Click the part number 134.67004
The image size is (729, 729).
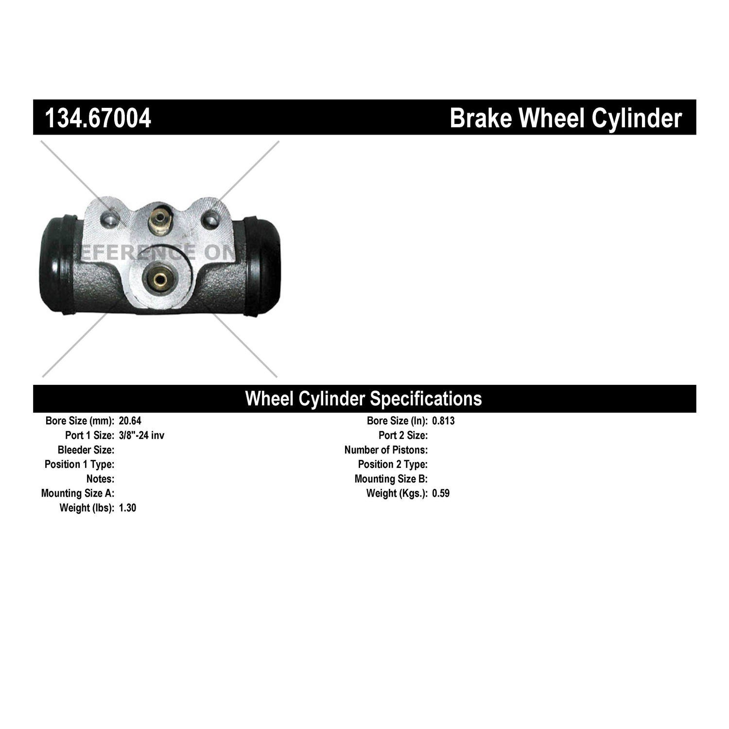pos(98,118)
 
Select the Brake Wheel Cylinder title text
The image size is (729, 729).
pos(566,118)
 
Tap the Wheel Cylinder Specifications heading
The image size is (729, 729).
pos(364,399)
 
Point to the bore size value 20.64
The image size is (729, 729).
pos(130,421)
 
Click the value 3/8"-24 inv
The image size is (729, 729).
pos(141,435)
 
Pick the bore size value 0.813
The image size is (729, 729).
pos(443,421)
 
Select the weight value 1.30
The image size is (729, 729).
pos(127,508)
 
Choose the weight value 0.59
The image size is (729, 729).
pos(441,493)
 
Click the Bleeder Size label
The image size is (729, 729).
pos(86,450)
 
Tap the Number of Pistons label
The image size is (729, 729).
pos(386,450)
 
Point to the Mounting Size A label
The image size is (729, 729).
pos(78,493)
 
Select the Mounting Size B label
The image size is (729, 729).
pos(391,479)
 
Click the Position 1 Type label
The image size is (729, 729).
pos(80,464)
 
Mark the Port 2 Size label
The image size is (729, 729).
pos(403,435)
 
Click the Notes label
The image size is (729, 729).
pos(101,479)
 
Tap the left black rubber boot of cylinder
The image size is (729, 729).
pos(58,263)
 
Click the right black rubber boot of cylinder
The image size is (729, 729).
pos(262,266)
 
